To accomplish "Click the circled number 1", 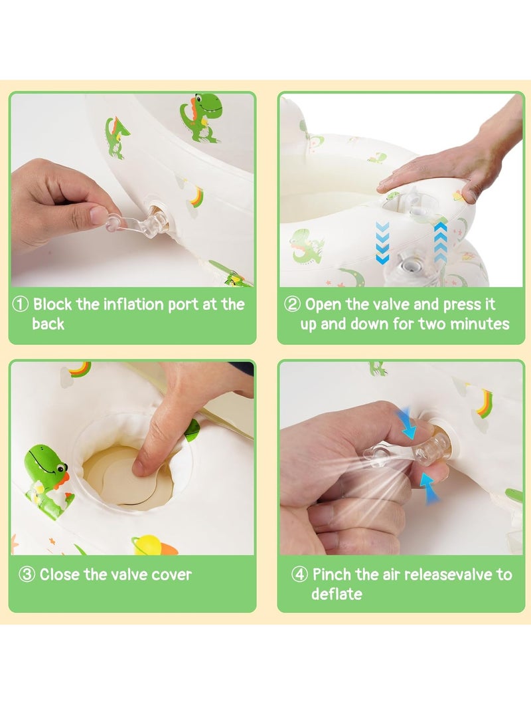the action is pos(20,305).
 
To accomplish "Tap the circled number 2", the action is pos(292,305).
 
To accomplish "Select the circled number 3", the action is pos(27,575).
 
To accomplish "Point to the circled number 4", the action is pos(299,575).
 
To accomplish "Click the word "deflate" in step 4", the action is pos(337,593).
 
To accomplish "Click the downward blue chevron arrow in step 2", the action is pos(382,243).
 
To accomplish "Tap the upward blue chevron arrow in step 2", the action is pos(441,243).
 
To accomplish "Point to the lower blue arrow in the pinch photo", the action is pos(429,487).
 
